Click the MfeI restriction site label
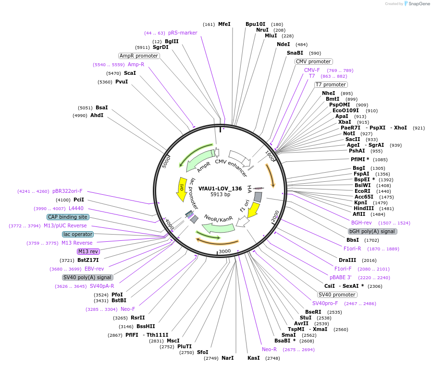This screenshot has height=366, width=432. (224, 24)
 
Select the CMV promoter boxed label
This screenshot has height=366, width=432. (313, 61)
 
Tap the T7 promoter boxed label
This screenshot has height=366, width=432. (332, 84)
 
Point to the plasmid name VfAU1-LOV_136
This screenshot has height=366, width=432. (220, 189)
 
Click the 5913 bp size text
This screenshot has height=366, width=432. (221, 195)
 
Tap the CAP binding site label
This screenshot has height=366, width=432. (67, 217)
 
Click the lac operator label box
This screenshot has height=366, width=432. (77, 234)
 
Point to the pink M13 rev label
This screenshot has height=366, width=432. (88, 251)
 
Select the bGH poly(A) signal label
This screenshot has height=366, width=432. (373, 231)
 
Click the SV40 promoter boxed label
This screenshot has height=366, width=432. (338, 295)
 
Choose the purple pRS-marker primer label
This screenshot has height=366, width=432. (183, 33)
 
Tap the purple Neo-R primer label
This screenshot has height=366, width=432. (269, 349)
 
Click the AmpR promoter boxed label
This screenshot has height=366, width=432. (139, 56)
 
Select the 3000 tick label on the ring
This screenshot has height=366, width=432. (225, 251)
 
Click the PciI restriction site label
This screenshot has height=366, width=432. (78, 200)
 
